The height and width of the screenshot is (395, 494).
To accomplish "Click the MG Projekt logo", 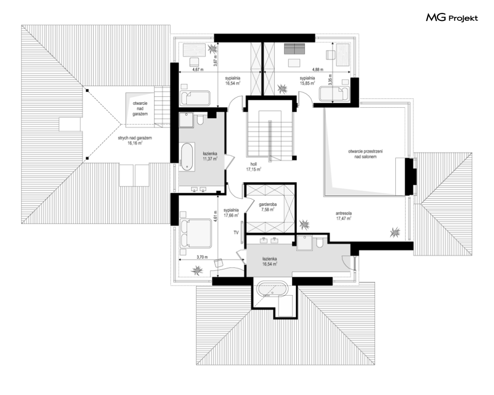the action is click(x=452, y=18).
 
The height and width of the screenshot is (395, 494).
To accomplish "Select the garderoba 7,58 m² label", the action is click(x=268, y=207).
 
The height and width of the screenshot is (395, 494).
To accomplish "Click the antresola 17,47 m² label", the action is click(x=344, y=216).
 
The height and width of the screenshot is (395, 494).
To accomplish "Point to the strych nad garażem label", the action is click(x=135, y=140).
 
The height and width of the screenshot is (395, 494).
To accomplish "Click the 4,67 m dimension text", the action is click(x=198, y=70).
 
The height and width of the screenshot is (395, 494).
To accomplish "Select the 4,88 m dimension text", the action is click(x=318, y=70).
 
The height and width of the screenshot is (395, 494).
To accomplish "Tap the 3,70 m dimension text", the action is click(x=202, y=257).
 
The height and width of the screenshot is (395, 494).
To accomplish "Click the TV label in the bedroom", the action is click(x=236, y=233).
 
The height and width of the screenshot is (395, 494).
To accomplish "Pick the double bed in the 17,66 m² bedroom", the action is click(x=196, y=234).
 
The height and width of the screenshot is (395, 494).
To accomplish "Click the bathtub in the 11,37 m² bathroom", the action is click(x=187, y=155).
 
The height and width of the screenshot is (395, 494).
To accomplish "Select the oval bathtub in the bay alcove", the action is click(x=271, y=290).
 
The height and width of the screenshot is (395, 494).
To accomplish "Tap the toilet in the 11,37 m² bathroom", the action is click(x=200, y=120).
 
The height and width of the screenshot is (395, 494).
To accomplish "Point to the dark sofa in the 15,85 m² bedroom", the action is click(x=294, y=49).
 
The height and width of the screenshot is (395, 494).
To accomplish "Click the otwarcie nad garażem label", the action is click(x=140, y=108).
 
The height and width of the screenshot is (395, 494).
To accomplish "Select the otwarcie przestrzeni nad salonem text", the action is click(x=365, y=154).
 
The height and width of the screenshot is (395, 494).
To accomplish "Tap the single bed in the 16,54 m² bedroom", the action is click(x=195, y=98).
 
